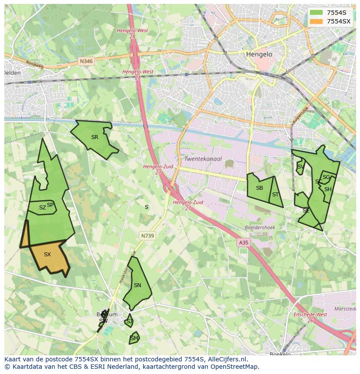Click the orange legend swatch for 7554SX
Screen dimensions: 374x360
(x=317, y=21)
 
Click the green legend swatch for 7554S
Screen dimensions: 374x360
(x=317, y=12)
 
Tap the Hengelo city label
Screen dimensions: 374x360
(x=259, y=54)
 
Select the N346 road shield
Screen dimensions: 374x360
(x=86, y=62)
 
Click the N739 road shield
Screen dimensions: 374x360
(x=147, y=235)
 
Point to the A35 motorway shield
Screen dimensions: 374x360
(x=243, y=243)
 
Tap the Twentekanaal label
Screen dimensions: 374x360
(x=203, y=159)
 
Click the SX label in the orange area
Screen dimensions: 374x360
(x=47, y=255)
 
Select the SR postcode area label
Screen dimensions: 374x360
(x=95, y=137)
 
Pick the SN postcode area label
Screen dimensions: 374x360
(x=137, y=285)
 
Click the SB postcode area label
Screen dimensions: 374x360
(x=260, y=188)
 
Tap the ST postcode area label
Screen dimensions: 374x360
(x=275, y=195)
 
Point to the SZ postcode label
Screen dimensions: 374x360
(x=42, y=208)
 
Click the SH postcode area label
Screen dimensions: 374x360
(x=328, y=189)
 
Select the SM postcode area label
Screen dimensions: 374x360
(x=134, y=338)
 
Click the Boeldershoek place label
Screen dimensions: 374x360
(x=260, y=227)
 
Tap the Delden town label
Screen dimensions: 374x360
(x=12, y=73)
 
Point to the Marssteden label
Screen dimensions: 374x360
(x=345, y=309)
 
